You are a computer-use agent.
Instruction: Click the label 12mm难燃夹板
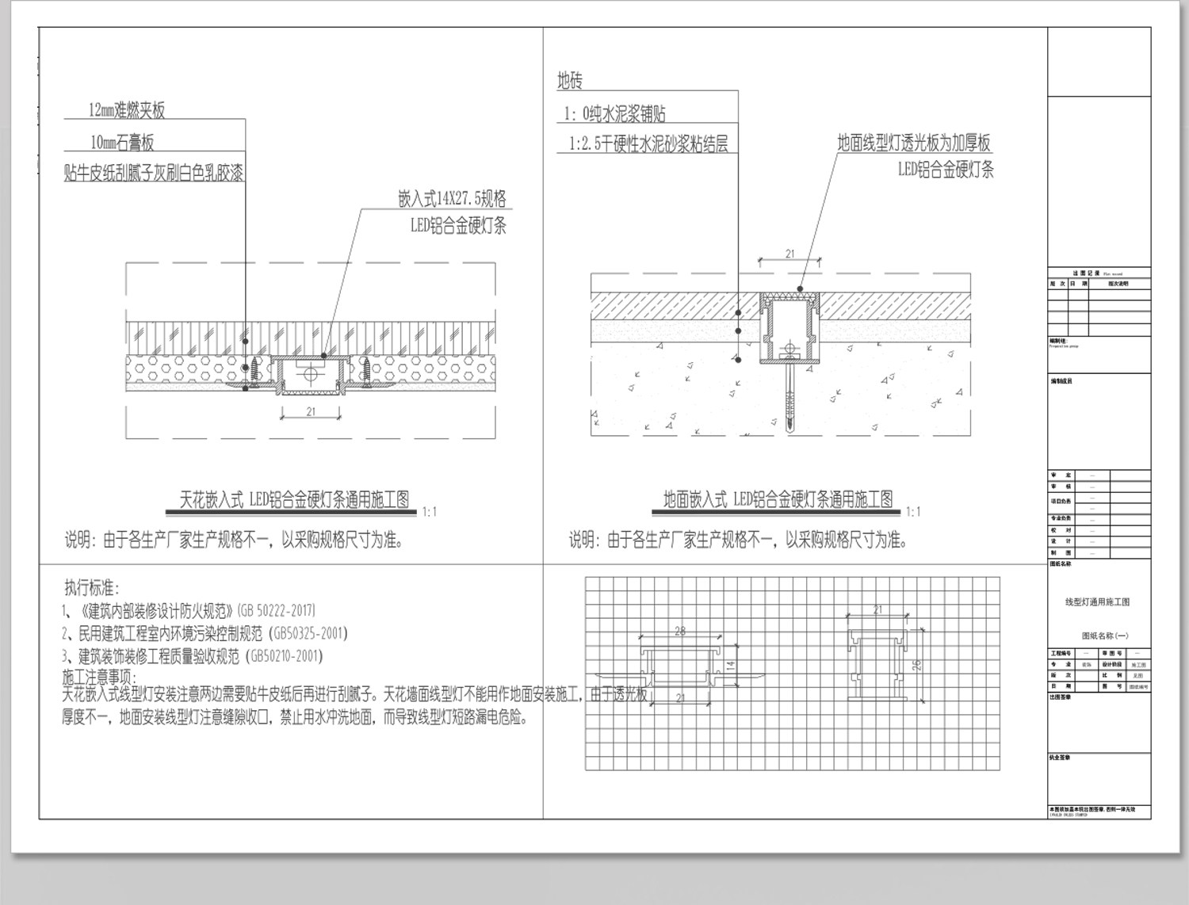[127, 110]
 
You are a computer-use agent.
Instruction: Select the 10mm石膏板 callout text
[122, 143]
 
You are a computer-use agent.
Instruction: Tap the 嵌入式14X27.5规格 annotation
[452, 198]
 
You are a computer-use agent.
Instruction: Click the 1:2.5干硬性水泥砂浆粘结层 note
[648, 143]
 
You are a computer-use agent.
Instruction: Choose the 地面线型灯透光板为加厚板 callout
[914, 143]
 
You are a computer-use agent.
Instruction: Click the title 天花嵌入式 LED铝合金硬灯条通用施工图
[295, 499]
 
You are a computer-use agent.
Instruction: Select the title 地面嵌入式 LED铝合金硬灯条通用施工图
[778, 499]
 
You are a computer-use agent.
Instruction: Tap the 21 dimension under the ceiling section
[310, 411]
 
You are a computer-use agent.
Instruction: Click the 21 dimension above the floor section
[789, 254]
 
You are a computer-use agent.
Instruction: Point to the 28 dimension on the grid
[680, 631]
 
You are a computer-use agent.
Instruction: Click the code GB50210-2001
[286, 656]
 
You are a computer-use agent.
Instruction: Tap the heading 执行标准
[91, 588]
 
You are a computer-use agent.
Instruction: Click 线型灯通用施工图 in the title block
[1098, 602]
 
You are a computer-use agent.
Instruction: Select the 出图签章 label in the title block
[1061, 697]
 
